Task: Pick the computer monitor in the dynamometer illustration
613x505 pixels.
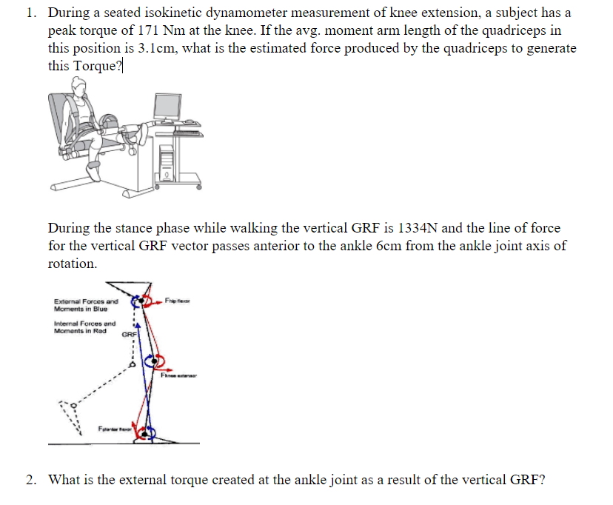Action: (172, 109)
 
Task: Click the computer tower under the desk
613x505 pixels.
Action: (167, 162)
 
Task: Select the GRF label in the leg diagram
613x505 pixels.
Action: (129, 334)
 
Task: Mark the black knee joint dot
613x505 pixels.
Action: (155, 361)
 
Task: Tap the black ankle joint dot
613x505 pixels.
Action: (146, 430)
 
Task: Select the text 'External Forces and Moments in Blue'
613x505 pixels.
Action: (87, 305)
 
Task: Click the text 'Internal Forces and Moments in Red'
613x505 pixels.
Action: (85, 327)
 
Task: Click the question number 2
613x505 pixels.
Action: (30, 479)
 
